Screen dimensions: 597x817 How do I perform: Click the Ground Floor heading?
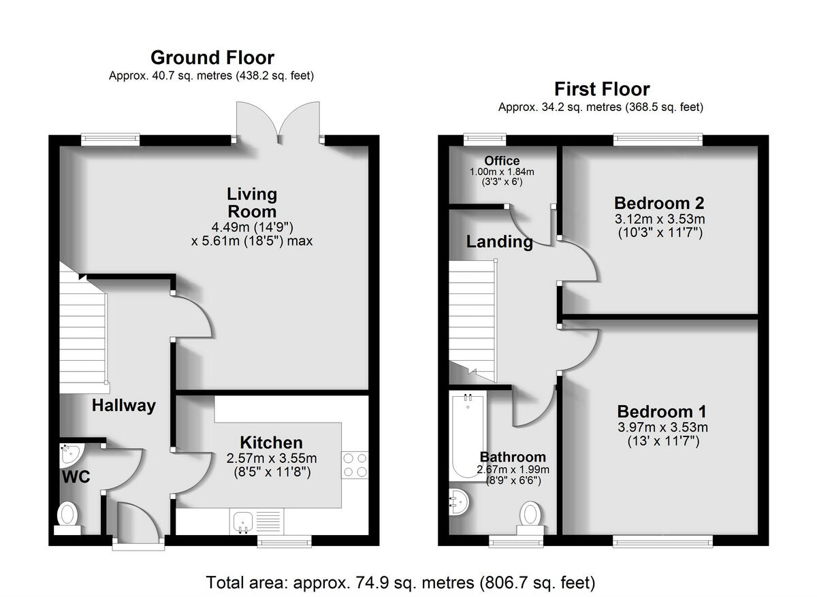tap(212, 57)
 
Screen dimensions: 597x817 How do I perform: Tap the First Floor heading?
tap(601, 89)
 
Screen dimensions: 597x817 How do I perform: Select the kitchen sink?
tap(242, 521)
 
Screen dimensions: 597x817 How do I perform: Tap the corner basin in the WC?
tap(69, 453)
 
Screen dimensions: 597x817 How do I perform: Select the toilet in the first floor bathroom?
tap(530, 516)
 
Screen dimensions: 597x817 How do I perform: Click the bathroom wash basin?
tap(458, 502)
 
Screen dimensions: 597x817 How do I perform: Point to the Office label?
tap(502, 161)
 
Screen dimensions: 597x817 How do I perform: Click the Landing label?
tap(500, 242)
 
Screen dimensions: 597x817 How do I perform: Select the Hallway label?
tap(124, 406)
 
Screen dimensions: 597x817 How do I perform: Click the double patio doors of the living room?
tap(279, 123)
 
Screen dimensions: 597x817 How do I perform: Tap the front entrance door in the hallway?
tap(138, 524)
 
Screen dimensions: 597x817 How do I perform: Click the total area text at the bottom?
tap(401, 583)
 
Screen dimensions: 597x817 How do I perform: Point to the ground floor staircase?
tap(82, 327)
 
